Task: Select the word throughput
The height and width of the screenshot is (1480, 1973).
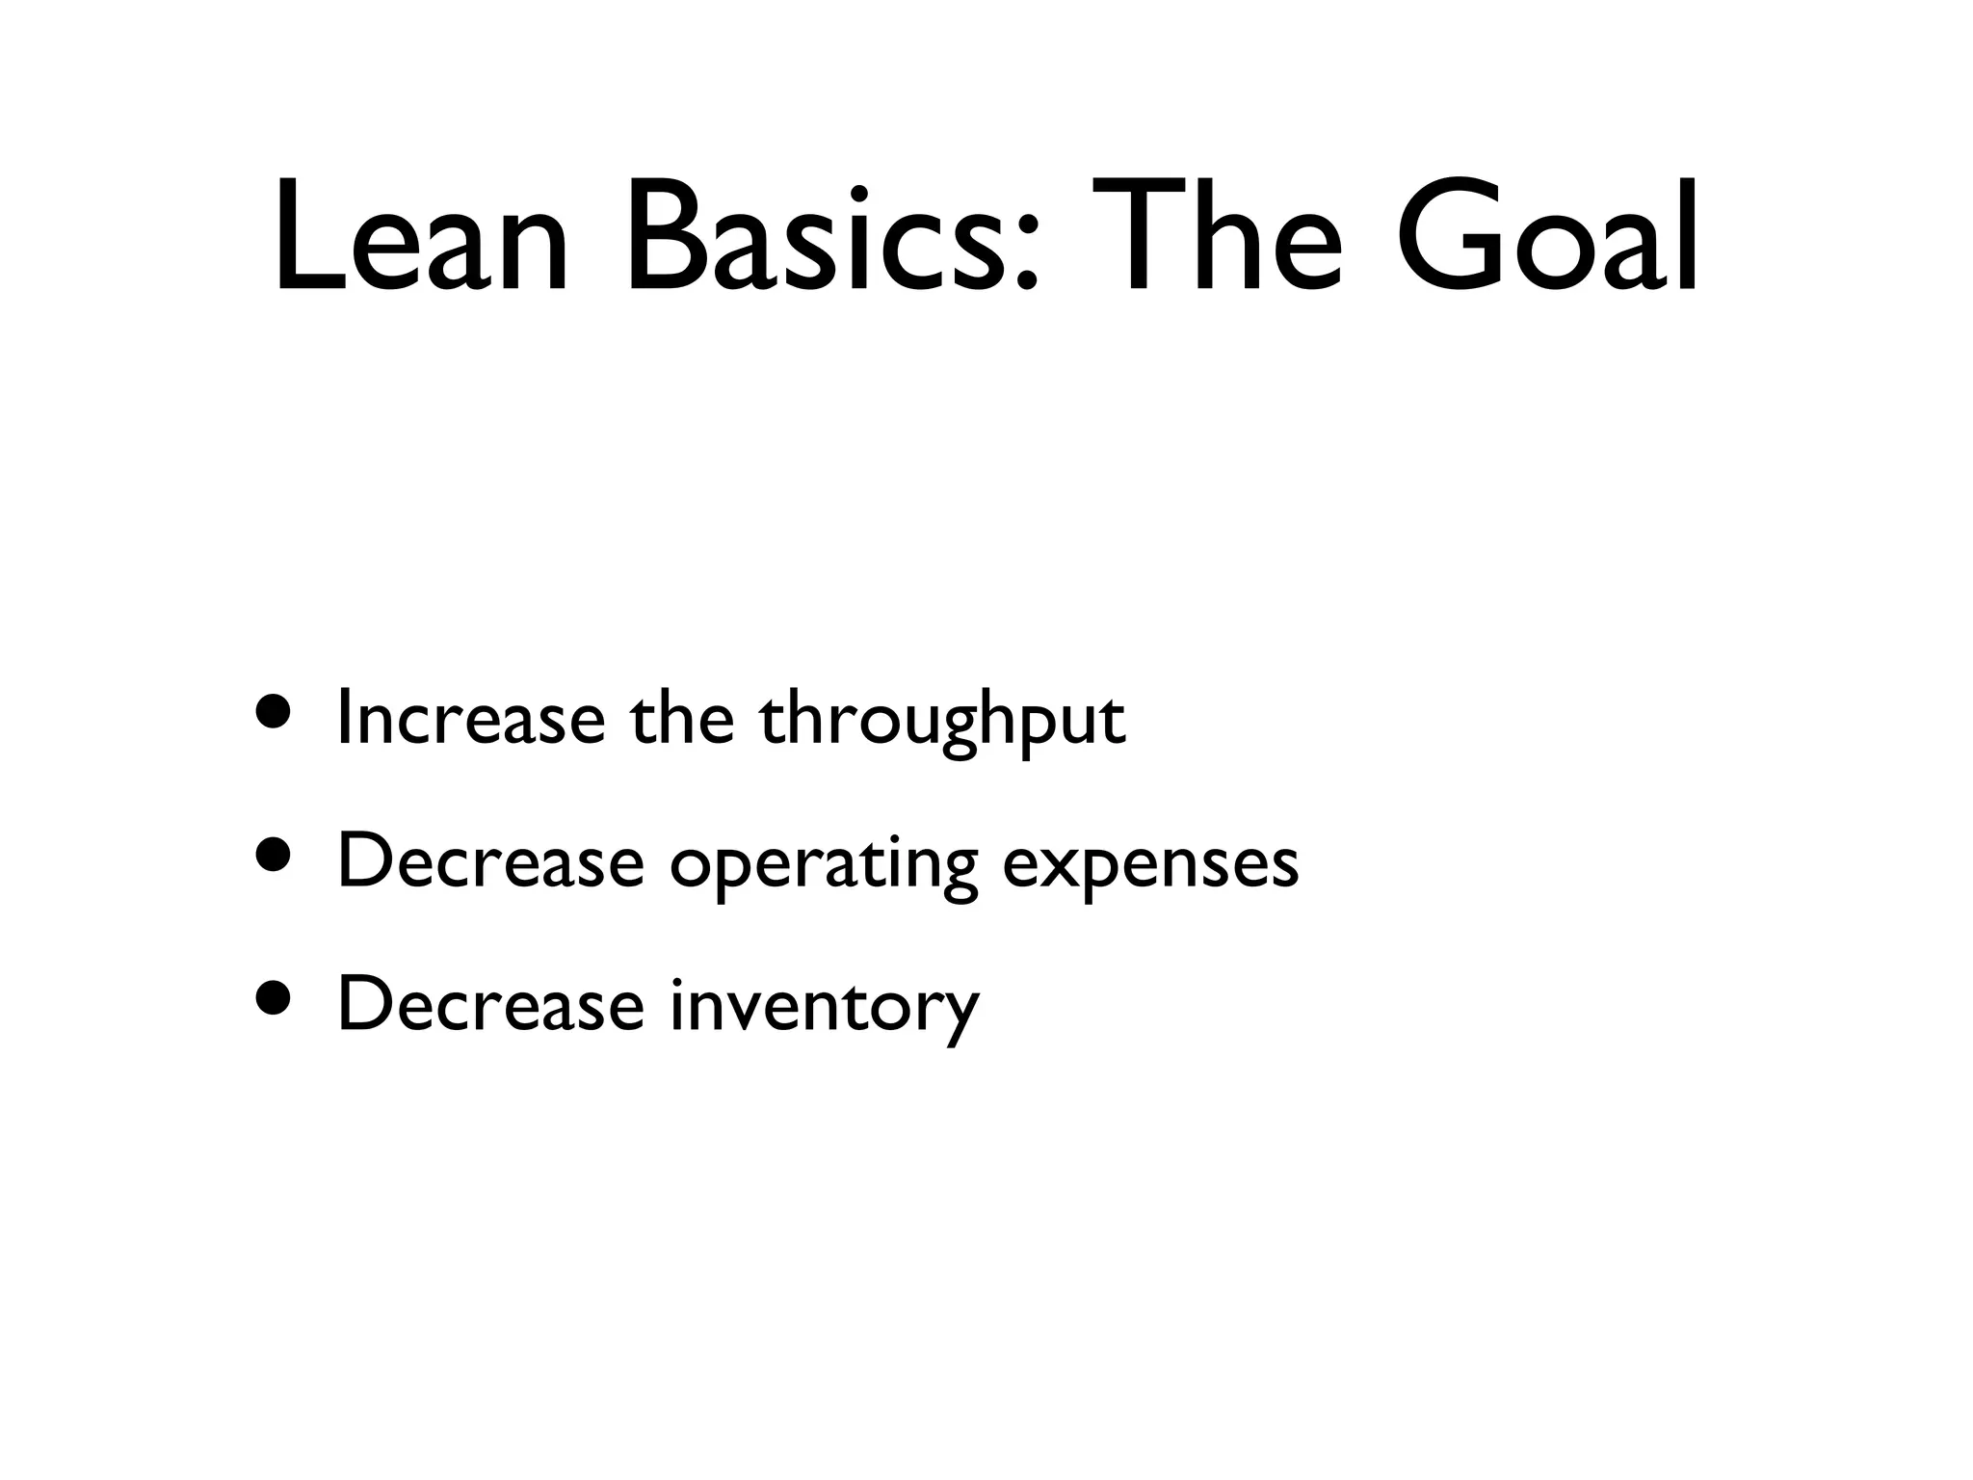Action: [x=942, y=725]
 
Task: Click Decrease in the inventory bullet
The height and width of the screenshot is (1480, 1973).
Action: [x=489, y=1004]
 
